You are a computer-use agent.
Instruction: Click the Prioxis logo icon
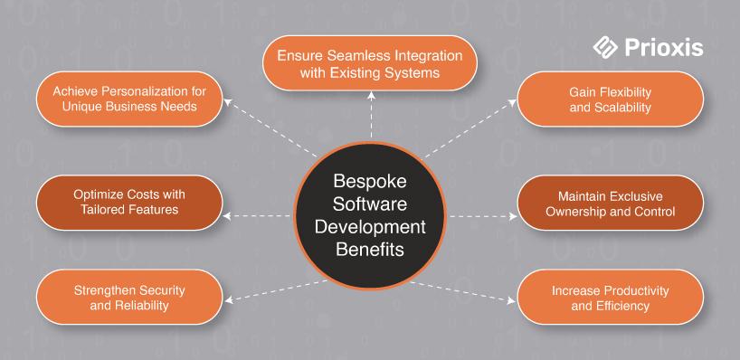click(605, 48)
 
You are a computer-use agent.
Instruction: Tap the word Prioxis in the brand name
click(663, 48)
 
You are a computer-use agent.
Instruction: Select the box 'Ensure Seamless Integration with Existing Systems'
click(369, 63)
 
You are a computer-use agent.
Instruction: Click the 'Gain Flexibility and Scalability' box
click(611, 99)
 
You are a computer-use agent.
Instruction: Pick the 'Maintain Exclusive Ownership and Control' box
click(611, 203)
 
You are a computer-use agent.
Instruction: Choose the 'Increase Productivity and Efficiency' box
click(611, 298)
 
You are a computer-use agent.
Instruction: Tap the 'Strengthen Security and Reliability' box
click(129, 298)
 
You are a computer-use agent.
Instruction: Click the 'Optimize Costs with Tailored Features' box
click(129, 203)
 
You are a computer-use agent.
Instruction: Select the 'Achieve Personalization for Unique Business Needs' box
click(129, 99)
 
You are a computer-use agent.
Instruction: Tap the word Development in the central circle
click(370, 227)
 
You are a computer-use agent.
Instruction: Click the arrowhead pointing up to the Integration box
click(371, 95)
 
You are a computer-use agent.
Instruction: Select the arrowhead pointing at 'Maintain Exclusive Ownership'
click(513, 216)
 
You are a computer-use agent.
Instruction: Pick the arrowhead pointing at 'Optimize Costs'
click(227, 216)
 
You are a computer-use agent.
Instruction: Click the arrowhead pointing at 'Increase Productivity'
click(512, 300)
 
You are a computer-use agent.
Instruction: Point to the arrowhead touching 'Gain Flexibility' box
click(513, 102)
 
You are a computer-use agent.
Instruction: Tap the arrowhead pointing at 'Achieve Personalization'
click(227, 101)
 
